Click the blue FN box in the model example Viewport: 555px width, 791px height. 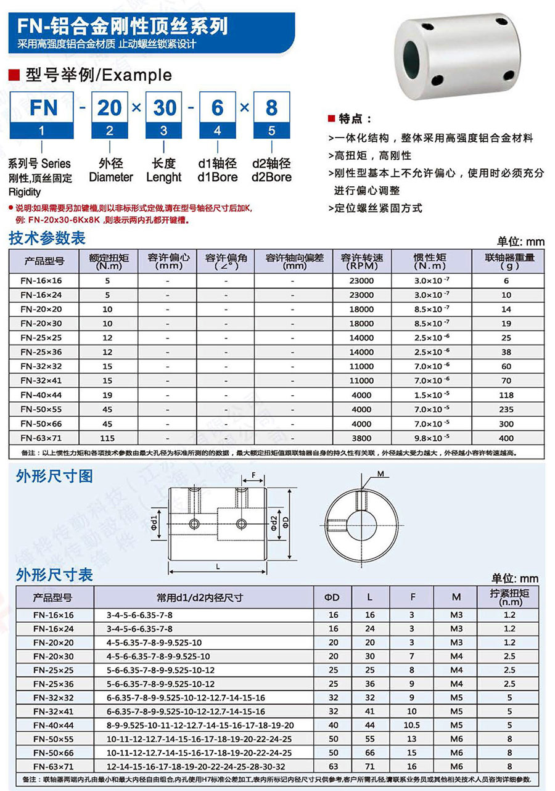(x=41, y=108)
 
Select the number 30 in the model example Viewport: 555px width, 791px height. (x=164, y=108)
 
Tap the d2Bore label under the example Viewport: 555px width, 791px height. (x=272, y=177)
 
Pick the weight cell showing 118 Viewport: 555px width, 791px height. (x=506, y=395)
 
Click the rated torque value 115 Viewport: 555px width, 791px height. (x=108, y=438)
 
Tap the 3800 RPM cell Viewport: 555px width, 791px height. (x=361, y=438)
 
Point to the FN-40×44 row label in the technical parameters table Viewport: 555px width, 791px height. (x=38, y=395)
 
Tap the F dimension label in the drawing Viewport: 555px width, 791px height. (x=253, y=475)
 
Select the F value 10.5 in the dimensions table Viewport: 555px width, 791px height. (x=411, y=725)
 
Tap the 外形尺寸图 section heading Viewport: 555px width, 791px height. (x=55, y=475)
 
